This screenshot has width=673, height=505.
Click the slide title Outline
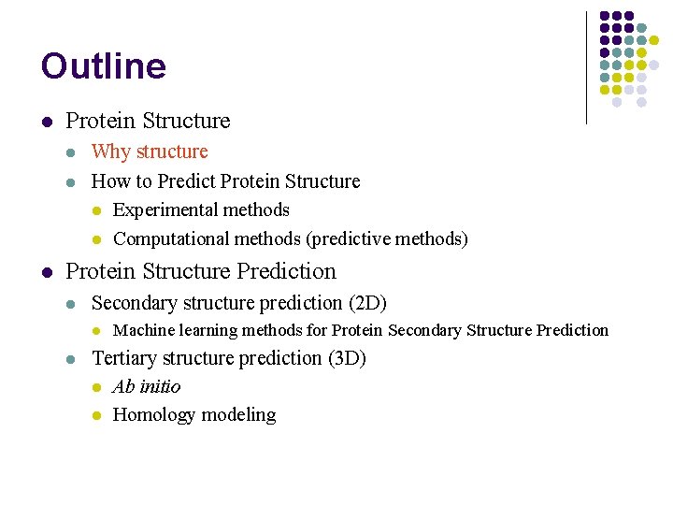point(103,66)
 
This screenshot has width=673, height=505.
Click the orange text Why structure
point(150,151)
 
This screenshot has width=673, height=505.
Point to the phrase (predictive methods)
point(387,239)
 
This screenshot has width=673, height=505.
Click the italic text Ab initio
point(147,386)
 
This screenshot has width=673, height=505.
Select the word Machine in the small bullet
point(138,330)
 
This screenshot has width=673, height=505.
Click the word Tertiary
point(125,358)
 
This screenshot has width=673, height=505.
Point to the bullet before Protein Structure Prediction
point(46,273)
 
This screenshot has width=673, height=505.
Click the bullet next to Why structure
point(72,152)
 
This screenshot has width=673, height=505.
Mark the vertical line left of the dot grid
point(586,67)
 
